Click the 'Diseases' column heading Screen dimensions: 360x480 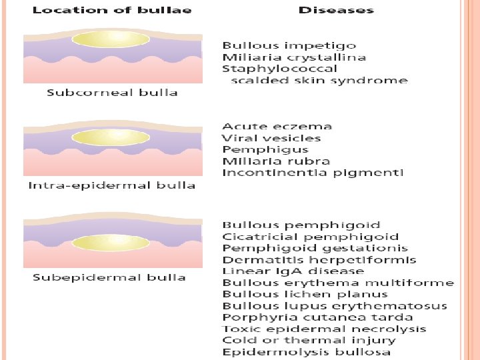pyautogui.click(x=336, y=10)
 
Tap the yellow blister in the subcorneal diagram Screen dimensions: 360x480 pyautogui.click(x=111, y=39)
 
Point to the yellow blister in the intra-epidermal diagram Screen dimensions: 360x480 pyautogui.click(x=111, y=137)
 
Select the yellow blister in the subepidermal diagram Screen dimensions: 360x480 pyautogui.click(x=111, y=241)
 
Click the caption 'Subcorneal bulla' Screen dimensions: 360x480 pyautogui.click(x=112, y=92)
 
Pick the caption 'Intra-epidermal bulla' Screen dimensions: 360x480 pyautogui.click(x=111, y=185)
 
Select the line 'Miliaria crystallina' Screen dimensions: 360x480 pyautogui.click(x=294, y=57)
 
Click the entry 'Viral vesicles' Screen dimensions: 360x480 pyautogui.click(x=271, y=138)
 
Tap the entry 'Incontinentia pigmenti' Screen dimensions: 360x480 pyautogui.click(x=313, y=173)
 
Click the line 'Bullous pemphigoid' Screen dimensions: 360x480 pyautogui.click(x=301, y=225)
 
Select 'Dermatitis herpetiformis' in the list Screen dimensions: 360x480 pyautogui.click(x=319, y=260)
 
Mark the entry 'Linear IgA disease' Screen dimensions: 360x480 pyautogui.click(x=293, y=271)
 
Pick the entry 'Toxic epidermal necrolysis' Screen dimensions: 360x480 pyautogui.click(x=324, y=329)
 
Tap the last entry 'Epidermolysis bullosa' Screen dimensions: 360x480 pyautogui.click(x=307, y=351)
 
